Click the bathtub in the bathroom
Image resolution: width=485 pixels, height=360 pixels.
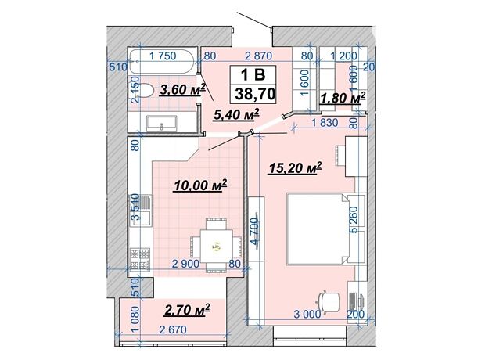[162, 61]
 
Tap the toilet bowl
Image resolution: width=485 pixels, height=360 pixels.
[145, 91]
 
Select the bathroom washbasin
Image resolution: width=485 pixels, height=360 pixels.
[162, 123]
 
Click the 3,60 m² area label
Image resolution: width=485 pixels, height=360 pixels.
[182, 90]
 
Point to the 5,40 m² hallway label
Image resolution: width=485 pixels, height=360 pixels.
[236, 114]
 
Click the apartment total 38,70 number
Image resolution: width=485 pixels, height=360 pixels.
[255, 93]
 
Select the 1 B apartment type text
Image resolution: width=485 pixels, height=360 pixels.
[253, 74]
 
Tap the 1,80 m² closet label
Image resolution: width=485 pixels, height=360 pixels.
[343, 98]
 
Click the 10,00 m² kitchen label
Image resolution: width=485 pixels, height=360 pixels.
[201, 185]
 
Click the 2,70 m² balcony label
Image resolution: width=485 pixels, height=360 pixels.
[188, 310]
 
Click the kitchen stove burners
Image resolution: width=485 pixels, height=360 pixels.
[140, 259]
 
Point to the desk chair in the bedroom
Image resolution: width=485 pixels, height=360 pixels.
[329, 301]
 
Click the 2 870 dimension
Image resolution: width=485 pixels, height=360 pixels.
[258, 56]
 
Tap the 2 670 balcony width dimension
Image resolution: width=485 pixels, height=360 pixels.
[173, 329]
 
